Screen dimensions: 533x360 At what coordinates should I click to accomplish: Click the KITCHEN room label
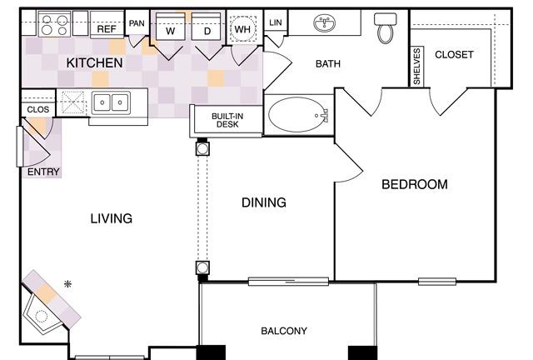pos(94,63)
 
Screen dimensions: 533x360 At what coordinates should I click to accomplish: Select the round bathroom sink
pos(324,23)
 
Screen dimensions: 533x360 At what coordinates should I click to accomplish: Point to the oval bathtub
pos(298,115)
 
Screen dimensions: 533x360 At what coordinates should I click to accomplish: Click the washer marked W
pos(170,27)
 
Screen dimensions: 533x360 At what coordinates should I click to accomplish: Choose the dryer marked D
pos(207,27)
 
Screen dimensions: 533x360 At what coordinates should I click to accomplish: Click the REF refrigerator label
pos(107,29)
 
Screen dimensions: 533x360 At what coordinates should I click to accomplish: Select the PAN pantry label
pos(137,23)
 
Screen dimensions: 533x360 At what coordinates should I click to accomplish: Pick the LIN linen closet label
pos(276,22)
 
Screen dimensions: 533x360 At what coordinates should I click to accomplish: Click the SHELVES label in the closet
pos(416,66)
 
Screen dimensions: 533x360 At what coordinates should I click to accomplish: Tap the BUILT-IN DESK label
pos(227,120)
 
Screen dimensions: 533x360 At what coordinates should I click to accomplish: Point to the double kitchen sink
pos(111,102)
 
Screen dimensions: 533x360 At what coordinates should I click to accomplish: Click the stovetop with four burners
pos(54,24)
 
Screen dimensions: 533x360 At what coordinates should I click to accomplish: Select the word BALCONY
pos(284,331)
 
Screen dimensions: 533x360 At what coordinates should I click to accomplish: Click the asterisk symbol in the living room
pos(68,283)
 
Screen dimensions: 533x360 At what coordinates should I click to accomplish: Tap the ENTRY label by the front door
pos(43,172)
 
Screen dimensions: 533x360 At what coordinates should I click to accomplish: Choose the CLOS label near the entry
pos(38,109)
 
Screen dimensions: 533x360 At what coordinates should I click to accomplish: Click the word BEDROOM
pos(415,184)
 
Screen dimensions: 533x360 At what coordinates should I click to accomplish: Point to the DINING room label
pos(264,202)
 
